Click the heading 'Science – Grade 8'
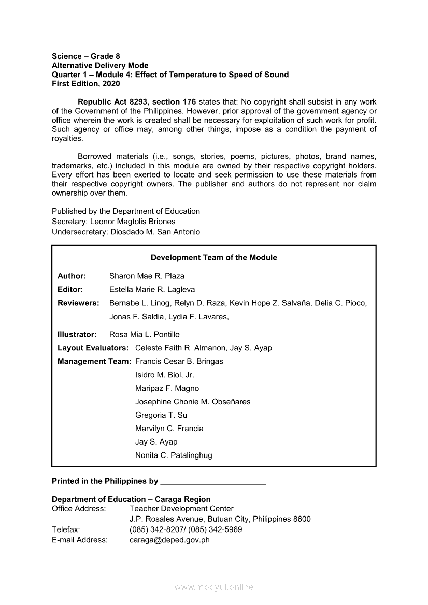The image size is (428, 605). [86, 56]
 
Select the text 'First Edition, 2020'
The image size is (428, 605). [86, 84]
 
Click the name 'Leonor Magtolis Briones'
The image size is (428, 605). [133, 222]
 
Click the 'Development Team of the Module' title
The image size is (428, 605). [213, 257]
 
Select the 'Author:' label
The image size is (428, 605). [72, 276]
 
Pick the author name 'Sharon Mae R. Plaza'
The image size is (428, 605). [147, 276]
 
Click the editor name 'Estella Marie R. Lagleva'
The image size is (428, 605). [152, 289]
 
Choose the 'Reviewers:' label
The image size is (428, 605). [78, 303]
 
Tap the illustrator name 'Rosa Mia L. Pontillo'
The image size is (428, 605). [145, 334]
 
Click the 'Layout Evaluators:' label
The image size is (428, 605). [93, 348]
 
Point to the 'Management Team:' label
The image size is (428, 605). [94, 361]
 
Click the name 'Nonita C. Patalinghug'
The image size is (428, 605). [174, 455]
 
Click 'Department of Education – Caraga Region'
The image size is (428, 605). [131, 499]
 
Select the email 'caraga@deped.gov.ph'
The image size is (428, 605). [169, 540]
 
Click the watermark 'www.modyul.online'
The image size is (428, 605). [214, 587]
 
